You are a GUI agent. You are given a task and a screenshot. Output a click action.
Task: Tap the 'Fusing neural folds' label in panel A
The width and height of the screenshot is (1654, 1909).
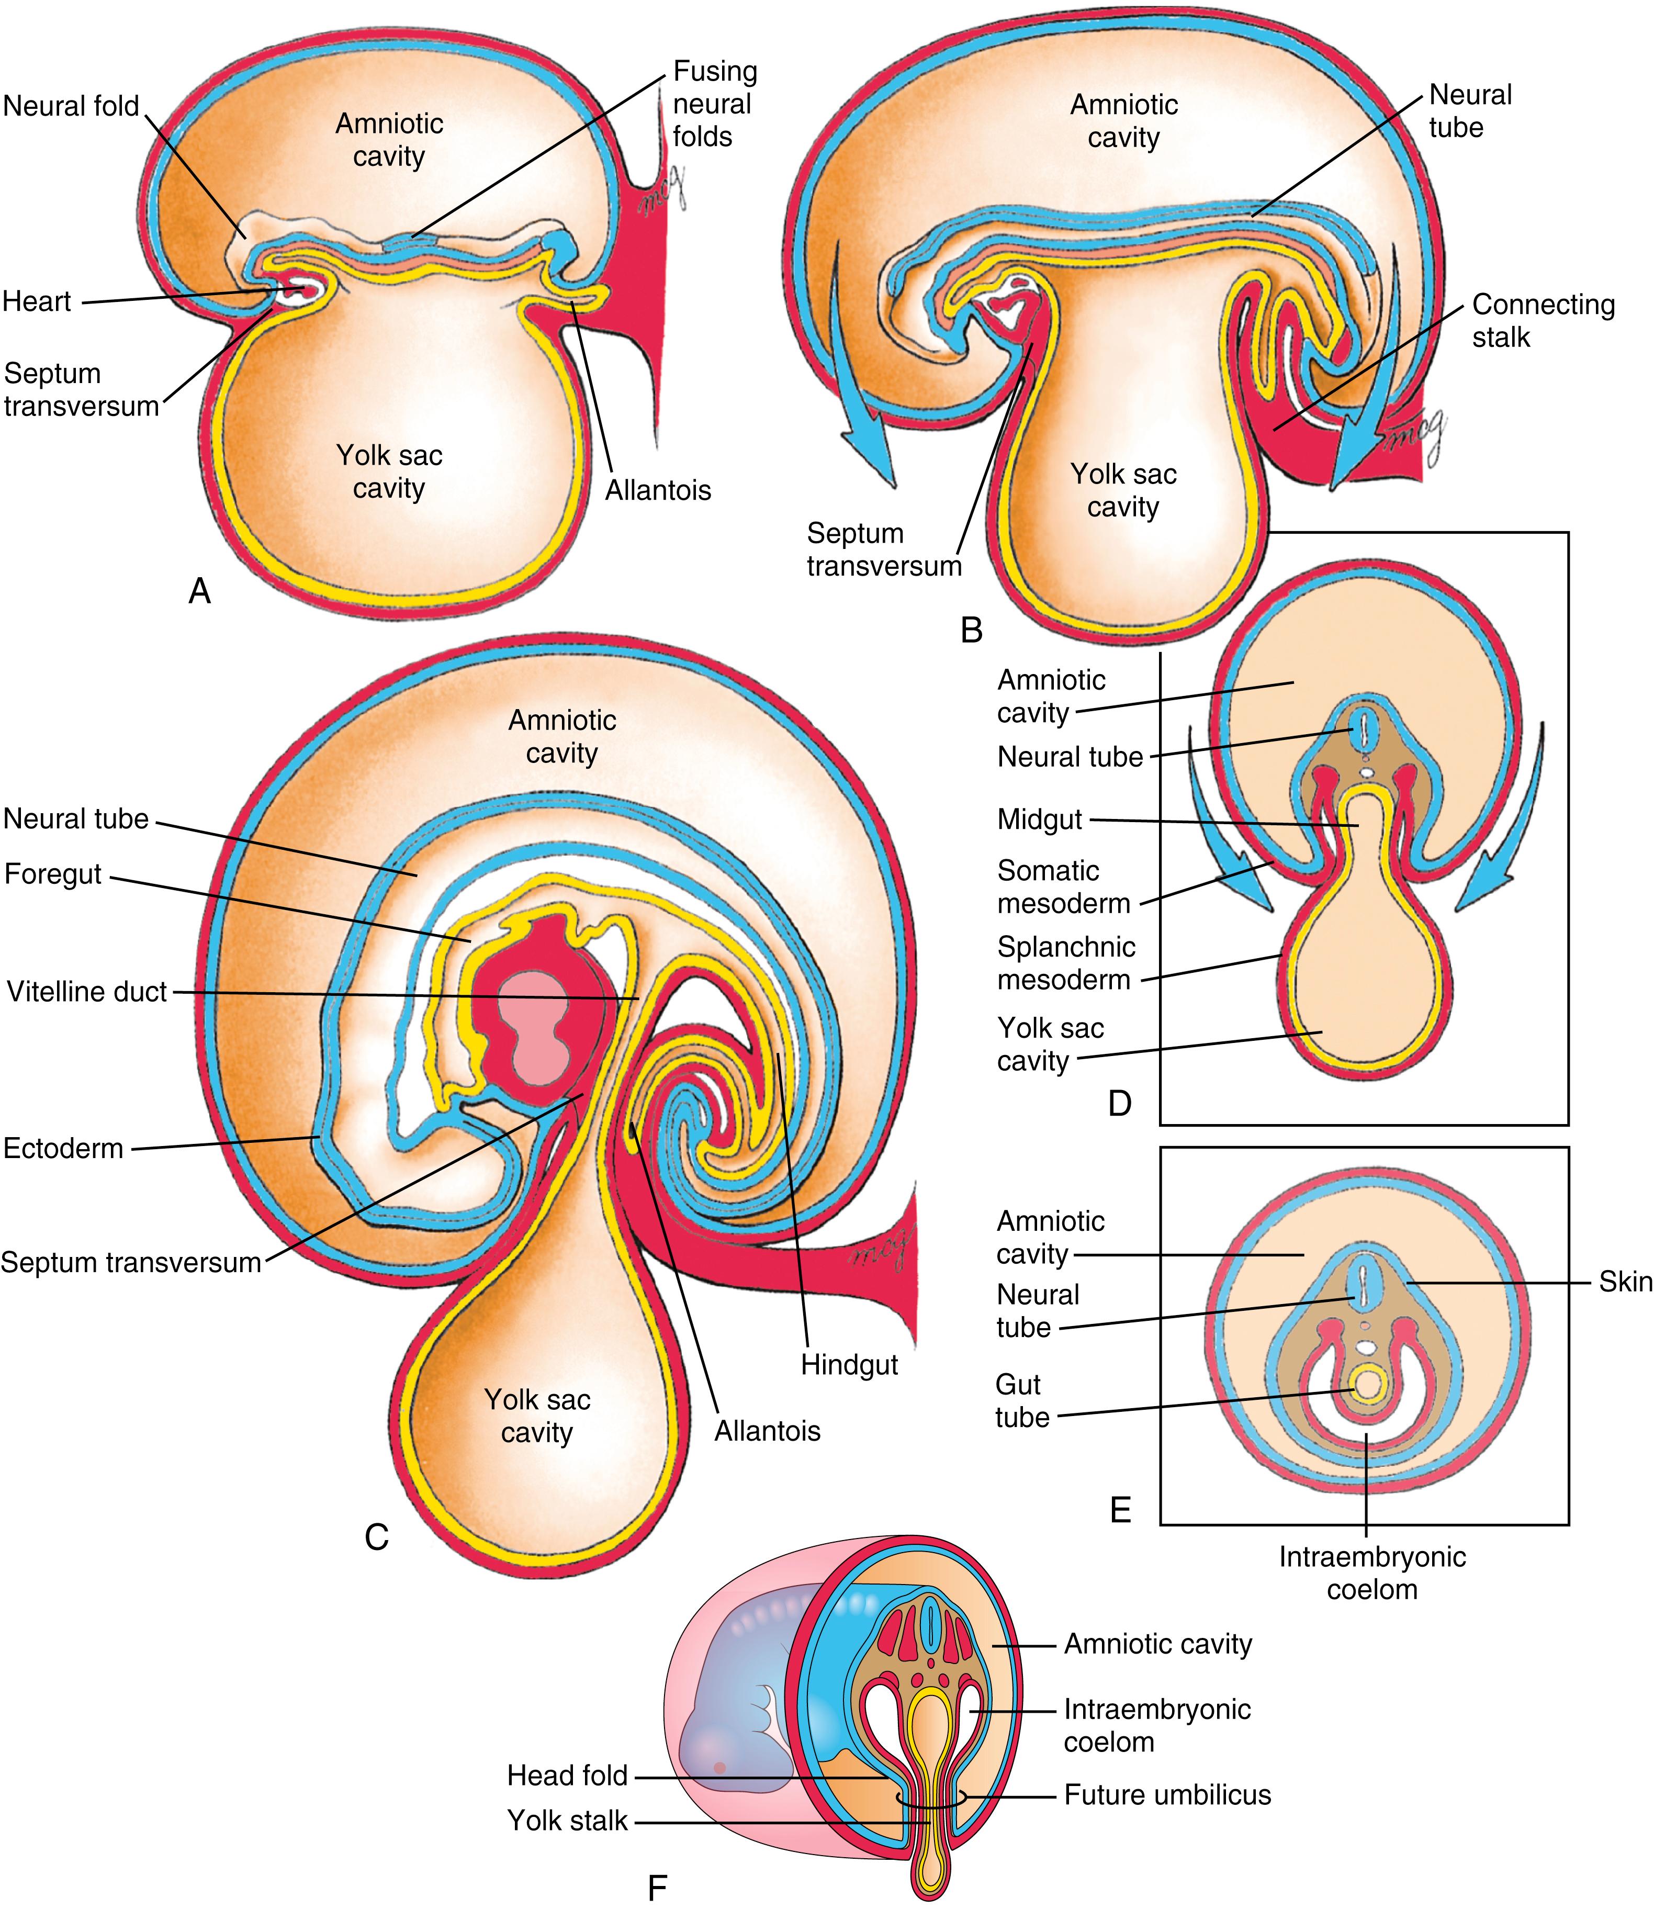pyautogui.click(x=714, y=104)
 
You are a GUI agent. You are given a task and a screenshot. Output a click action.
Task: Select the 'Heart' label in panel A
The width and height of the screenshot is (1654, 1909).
pyautogui.click(x=37, y=302)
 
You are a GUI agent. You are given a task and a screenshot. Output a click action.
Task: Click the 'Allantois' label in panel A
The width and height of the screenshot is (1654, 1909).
pyautogui.click(x=658, y=490)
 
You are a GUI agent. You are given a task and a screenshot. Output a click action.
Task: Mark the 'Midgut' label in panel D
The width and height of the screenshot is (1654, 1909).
pyautogui.click(x=1039, y=819)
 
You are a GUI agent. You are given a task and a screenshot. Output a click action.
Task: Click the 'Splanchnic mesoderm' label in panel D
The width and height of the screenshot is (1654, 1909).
pyautogui.click(x=1066, y=963)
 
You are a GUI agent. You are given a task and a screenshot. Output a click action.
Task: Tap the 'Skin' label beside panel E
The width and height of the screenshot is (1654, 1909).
pyautogui.click(x=1625, y=1282)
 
